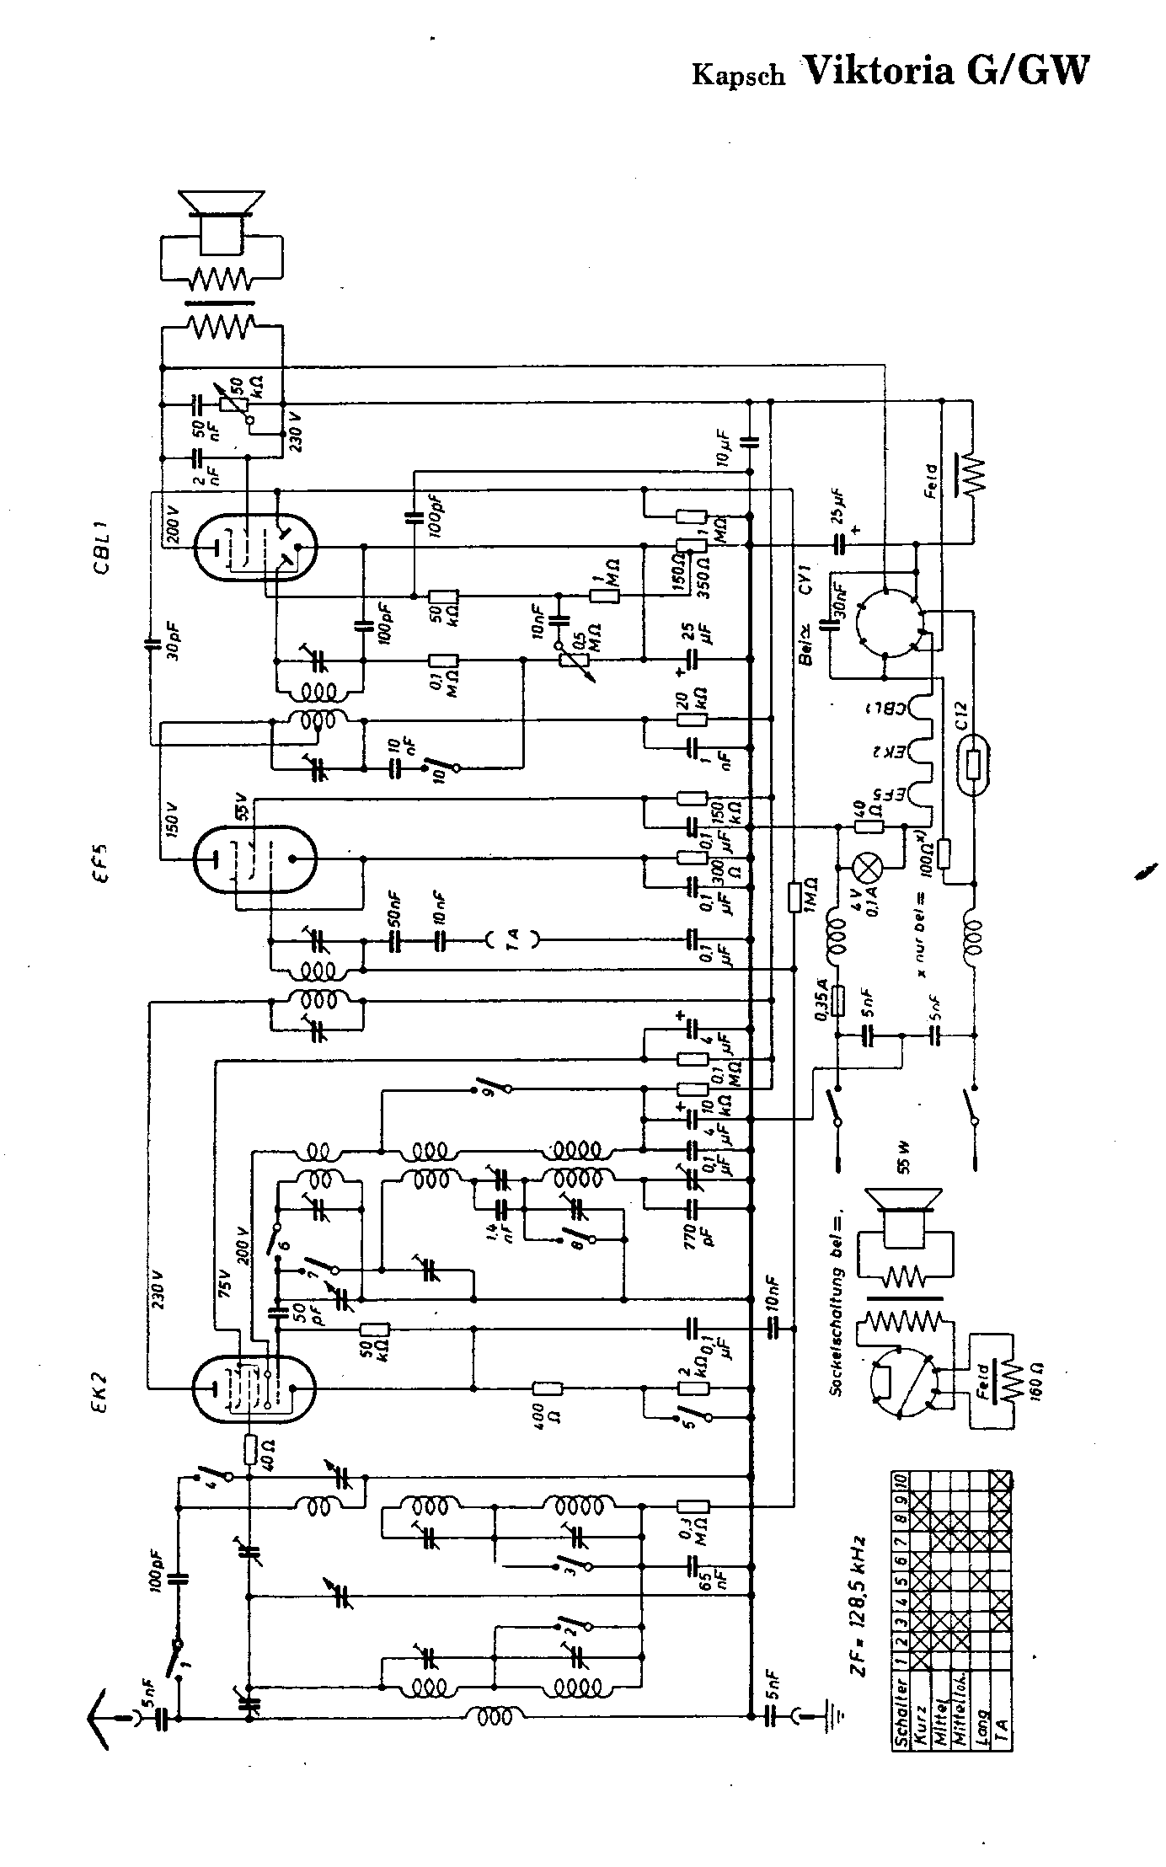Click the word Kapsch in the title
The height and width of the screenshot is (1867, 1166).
click(738, 75)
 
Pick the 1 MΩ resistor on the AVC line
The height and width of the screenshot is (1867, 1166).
click(794, 898)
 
